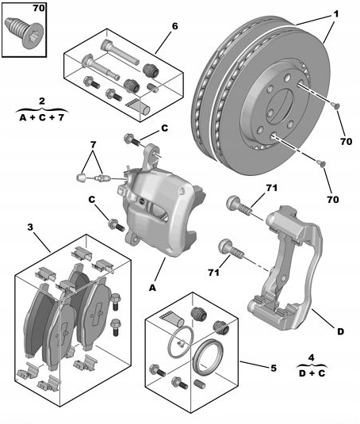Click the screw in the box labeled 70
(x=24, y=32)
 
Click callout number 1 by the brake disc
(x=335, y=13)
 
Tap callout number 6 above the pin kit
(x=175, y=26)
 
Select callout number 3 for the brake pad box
(x=30, y=227)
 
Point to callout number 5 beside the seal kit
(x=274, y=368)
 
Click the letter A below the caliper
(x=153, y=288)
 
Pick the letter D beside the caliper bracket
(x=340, y=331)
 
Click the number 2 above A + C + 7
(x=42, y=101)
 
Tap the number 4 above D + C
(x=312, y=357)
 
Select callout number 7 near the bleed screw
(x=93, y=145)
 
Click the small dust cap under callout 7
(x=81, y=178)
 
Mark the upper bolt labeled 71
(x=239, y=205)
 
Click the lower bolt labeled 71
(x=232, y=249)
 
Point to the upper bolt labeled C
(x=132, y=139)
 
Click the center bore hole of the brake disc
(x=280, y=105)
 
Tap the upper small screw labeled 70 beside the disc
(x=336, y=106)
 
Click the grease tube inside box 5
(x=172, y=318)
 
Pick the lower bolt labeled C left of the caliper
(x=117, y=225)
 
